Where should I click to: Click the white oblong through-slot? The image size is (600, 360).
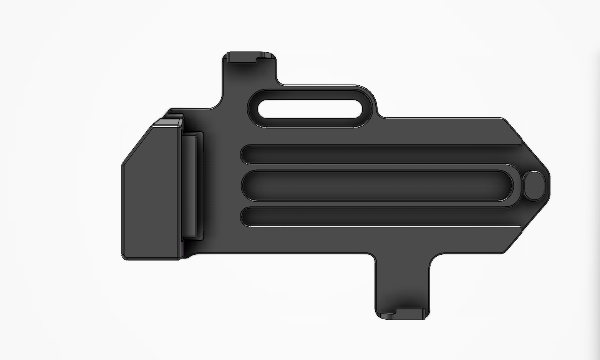[x=310, y=109]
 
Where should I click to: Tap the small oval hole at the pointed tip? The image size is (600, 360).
[x=534, y=186]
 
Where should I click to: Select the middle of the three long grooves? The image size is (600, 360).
[x=376, y=186]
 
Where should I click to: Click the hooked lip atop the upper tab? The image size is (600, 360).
[x=250, y=57]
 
